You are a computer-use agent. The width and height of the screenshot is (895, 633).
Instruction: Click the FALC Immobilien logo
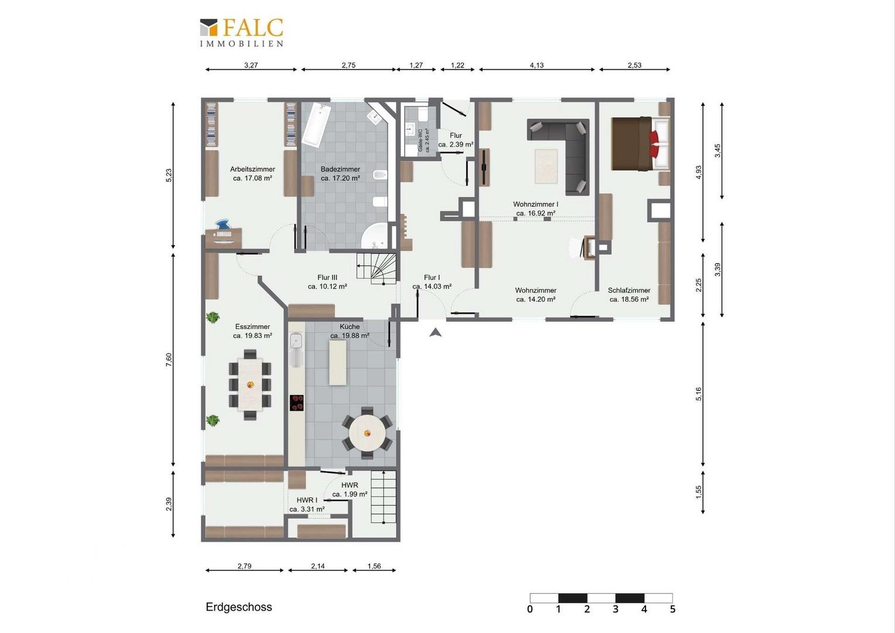242,33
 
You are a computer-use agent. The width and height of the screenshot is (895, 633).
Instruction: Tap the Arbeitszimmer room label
252,169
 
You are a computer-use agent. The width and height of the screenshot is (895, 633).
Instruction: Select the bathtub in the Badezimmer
316,124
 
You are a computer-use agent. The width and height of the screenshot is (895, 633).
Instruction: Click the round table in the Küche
367,433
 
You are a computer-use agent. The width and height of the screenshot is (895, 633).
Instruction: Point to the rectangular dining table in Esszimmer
250,384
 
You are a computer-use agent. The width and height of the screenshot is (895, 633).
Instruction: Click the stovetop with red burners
296,403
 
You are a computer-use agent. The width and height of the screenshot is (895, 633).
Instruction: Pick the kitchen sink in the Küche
296,349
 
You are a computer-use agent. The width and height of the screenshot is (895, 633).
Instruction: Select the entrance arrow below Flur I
436,332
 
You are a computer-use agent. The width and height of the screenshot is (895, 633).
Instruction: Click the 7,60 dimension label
169,359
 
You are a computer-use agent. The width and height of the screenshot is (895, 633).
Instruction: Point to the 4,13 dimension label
537,65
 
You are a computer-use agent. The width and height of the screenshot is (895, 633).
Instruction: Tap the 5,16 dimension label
698,394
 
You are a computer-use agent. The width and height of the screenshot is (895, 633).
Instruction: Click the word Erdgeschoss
238,607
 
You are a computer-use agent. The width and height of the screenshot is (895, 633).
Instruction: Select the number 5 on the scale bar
672,610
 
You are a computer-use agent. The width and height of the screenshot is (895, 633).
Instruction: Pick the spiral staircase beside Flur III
377,268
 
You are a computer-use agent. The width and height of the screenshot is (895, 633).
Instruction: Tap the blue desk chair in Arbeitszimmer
223,224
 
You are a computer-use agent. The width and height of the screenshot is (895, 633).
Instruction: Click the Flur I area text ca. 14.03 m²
432,287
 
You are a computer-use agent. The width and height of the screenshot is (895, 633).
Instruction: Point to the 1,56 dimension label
374,566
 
